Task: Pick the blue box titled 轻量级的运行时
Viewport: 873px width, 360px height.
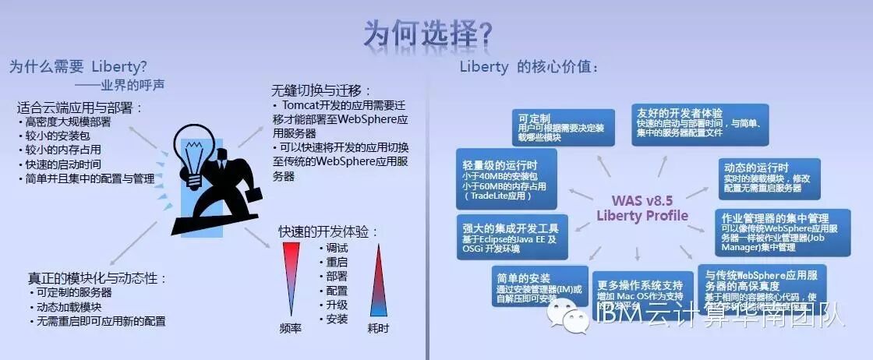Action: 507,179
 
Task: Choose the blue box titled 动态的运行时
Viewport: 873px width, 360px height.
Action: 769,178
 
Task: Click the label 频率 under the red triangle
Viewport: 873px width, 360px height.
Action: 291,328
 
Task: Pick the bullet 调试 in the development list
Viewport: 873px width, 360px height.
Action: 337,248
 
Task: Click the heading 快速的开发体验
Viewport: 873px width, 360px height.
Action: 328,231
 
